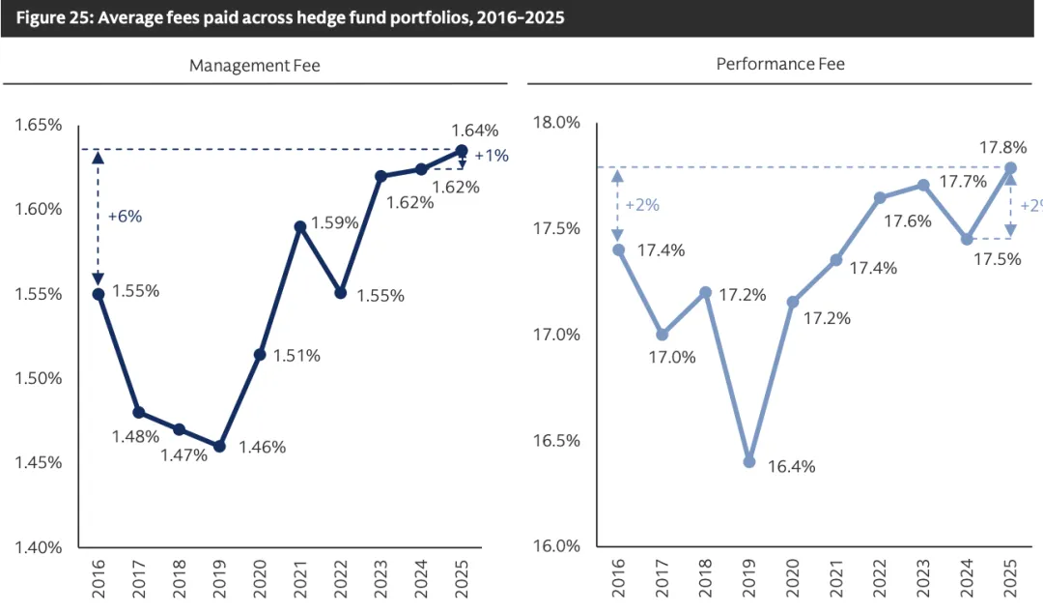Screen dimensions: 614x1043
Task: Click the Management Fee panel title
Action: point(254,66)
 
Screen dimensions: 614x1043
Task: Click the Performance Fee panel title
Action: point(780,64)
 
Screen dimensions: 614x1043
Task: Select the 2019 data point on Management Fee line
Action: point(219,447)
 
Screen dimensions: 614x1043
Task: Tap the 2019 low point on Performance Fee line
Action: point(749,461)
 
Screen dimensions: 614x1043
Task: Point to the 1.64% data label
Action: point(475,131)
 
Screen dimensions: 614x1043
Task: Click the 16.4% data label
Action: point(792,467)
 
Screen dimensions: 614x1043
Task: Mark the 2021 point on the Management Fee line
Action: point(300,226)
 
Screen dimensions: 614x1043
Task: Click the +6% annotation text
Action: point(125,217)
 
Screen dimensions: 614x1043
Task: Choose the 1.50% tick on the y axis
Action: point(40,378)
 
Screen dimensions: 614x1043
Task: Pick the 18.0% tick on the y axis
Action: point(556,123)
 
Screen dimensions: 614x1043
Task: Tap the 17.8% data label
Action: point(1003,148)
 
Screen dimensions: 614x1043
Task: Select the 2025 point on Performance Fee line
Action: point(1010,168)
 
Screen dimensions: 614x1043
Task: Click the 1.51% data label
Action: point(296,356)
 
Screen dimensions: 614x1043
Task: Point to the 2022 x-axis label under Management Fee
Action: point(341,578)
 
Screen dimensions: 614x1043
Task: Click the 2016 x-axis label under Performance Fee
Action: point(618,577)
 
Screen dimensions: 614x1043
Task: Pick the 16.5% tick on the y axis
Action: point(556,441)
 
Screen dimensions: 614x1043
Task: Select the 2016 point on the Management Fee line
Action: point(99,294)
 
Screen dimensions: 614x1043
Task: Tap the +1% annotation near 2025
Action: point(492,155)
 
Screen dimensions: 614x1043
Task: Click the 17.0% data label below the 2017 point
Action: point(671,358)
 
